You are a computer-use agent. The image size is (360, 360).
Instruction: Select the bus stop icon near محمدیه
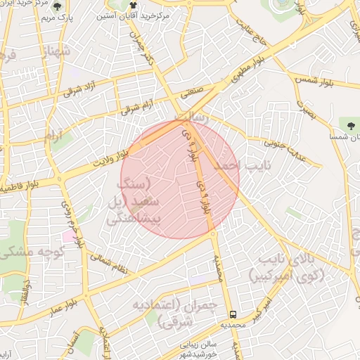pos(233,314)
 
